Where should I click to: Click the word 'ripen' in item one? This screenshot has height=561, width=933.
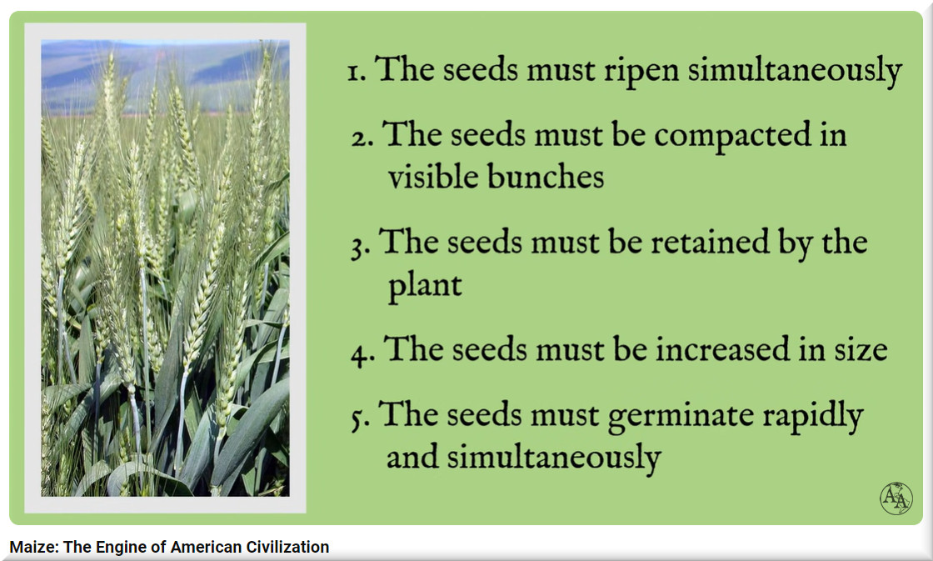641,71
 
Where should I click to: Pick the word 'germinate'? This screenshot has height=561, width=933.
681,416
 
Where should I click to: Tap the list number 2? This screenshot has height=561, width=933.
362,138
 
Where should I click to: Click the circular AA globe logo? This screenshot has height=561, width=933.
896,498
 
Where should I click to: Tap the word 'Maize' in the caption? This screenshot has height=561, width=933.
34,547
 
